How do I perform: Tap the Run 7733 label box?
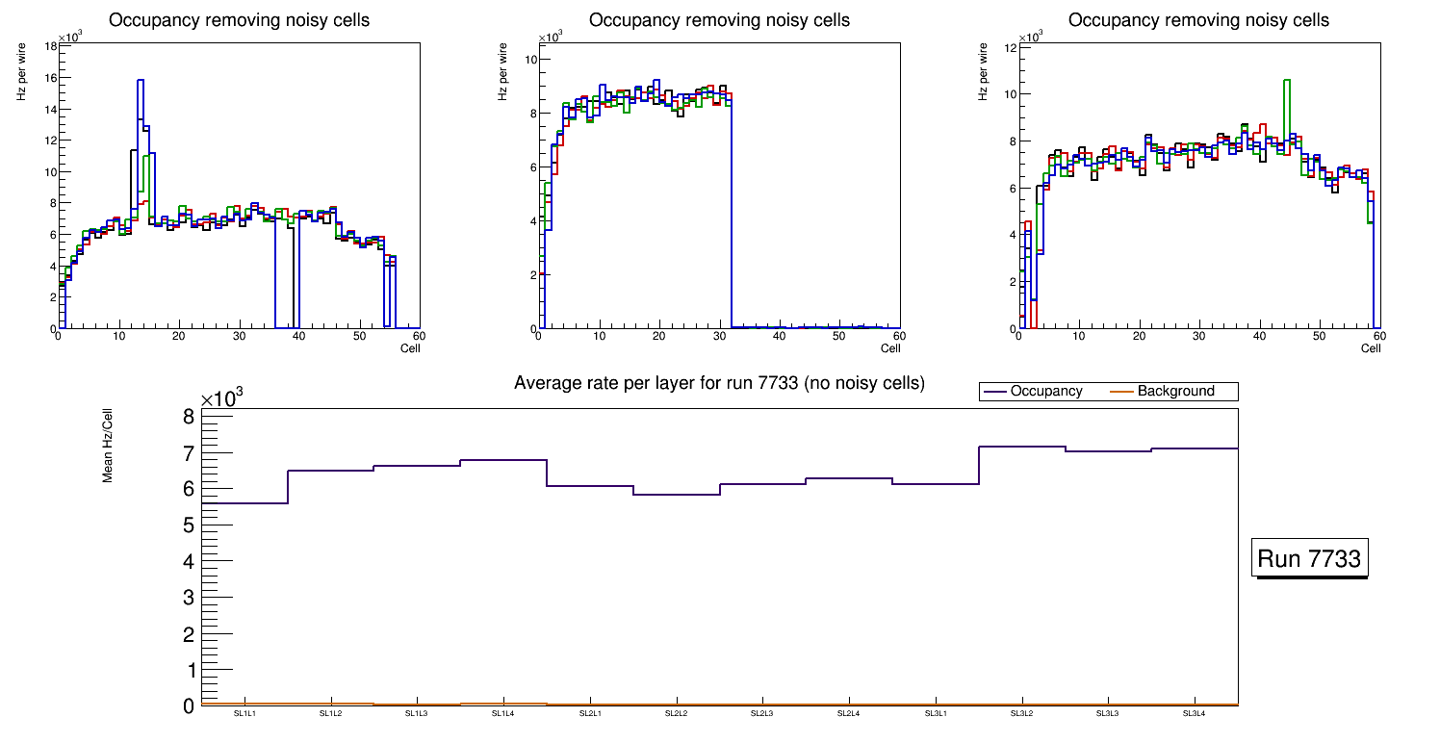pyautogui.click(x=1310, y=559)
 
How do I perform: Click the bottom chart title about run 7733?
pyautogui.click(x=719, y=383)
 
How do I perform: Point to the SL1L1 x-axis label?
pyautogui.click(x=244, y=714)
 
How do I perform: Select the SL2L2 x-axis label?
pyautogui.click(x=677, y=714)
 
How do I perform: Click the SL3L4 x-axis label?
pyautogui.click(x=1195, y=714)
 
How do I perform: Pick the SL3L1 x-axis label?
pyautogui.click(x=936, y=714)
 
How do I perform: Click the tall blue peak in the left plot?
pyautogui.click(x=141, y=82)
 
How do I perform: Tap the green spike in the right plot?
pyautogui.click(x=1287, y=82)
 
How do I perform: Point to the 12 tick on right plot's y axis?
pyautogui.click(x=1011, y=47)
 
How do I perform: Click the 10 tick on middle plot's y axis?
pyautogui.click(x=528, y=60)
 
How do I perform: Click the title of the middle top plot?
pyautogui.click(x=719, y=20)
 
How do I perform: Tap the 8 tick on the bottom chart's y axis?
pyautogui.click(x=190, y=417)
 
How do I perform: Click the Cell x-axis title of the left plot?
pyautogui.click(x=410, y=348)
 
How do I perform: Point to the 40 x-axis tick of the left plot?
pyautogui.click(x=298, y=336)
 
